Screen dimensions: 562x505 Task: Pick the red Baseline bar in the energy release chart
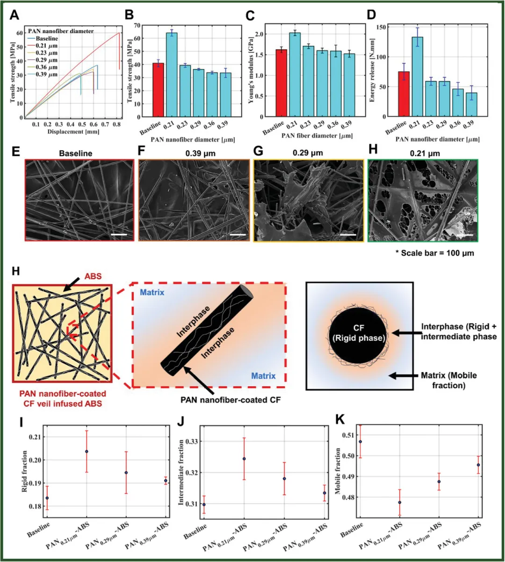pyautogui.click(x=404, y=94)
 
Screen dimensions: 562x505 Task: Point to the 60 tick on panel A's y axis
pyautogui.click(x=20, y=33)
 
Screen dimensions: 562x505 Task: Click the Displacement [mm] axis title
pyautogui.click(x=73, y=132)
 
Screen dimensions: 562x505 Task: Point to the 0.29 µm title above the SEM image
pyautogui.click(x=309, y=153)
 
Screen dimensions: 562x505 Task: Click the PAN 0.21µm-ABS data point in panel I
pyautogui.click(x=87, y=451)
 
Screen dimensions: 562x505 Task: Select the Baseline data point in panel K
pyautogui.click(x=360, y=441)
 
